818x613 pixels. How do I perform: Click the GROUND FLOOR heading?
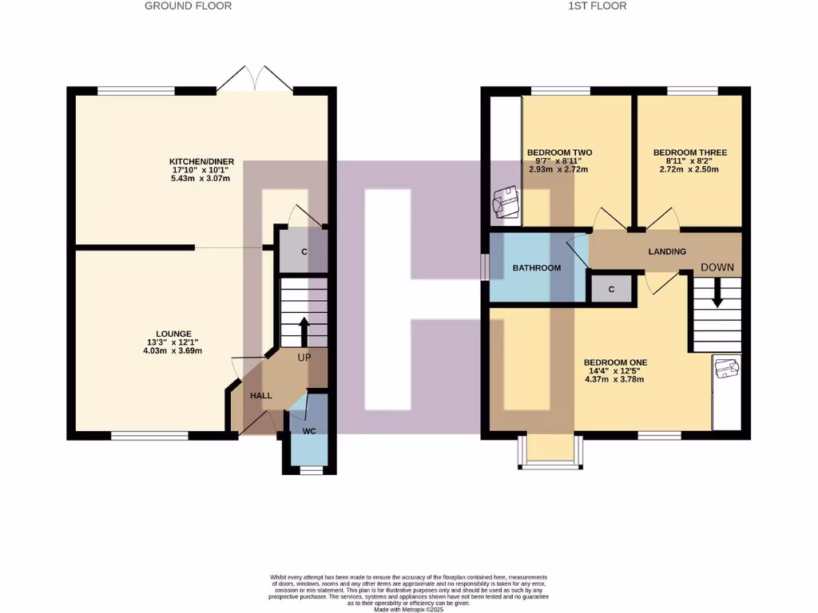tap(188, 6)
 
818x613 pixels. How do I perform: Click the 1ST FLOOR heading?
tap(597, 6)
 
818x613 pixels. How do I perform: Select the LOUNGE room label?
tap(174, 334)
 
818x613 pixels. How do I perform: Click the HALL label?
tap(261, 396)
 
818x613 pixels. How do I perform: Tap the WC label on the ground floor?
tap(309, 430)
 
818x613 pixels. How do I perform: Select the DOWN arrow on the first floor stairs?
tap(717, 293)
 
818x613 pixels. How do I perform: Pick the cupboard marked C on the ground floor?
tap(304, 251)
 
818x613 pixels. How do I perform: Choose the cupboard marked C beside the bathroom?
tap(611, 289)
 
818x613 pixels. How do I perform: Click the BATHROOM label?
tap(536, 268)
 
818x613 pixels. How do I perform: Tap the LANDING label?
tap(667, 251)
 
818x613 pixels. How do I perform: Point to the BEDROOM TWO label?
tap(559, 152)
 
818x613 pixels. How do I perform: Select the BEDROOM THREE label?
tap(689, 152)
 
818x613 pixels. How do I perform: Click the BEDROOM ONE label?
tap(615, 362)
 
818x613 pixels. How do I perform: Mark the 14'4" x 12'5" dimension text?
tap(615, 371)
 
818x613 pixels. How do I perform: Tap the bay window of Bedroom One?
tap(548, 452)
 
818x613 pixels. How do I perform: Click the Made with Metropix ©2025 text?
tap(408, 609)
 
